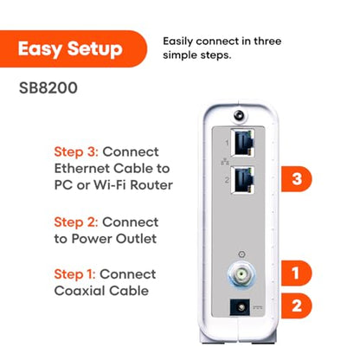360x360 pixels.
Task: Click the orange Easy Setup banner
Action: click(69, 49)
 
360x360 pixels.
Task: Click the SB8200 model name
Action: click(45, 89)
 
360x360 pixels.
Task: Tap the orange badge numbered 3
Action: click(296, 179)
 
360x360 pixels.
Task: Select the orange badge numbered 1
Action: click(295, 274)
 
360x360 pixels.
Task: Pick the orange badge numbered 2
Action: click(295, 305)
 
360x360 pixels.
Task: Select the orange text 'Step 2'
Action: click(76, 221)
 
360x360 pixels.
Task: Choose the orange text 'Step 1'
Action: click(76, 273)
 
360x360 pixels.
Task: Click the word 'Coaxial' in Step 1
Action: click(78, 291)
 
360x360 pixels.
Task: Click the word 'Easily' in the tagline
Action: click(182, 41)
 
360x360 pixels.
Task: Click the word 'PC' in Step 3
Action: click(64, 186)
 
